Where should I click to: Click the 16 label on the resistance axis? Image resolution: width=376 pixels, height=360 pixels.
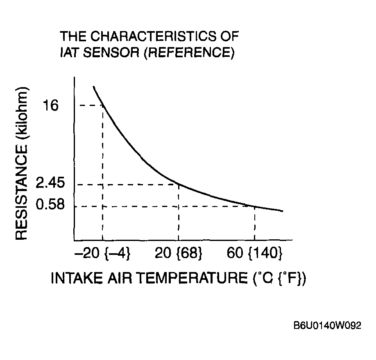click(x=51, y=106)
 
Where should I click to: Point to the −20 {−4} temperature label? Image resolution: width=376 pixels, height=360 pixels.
click(x=102, y=253)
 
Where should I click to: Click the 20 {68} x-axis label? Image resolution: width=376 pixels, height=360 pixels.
click(x=179, y=253)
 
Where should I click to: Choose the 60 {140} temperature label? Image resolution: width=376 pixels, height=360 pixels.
click(x=255, y=253)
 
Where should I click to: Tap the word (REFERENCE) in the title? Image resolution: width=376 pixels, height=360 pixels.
click(x=188, y=53)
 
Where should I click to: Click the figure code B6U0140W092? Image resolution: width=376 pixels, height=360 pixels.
click(x=327, y=326)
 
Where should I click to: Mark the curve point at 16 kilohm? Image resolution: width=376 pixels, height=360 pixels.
click(x=102, y=106)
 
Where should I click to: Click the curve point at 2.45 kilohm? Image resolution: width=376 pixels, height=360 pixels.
click(x=179, y=184)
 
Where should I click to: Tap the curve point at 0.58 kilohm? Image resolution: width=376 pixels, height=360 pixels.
click(x=255, y=206)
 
